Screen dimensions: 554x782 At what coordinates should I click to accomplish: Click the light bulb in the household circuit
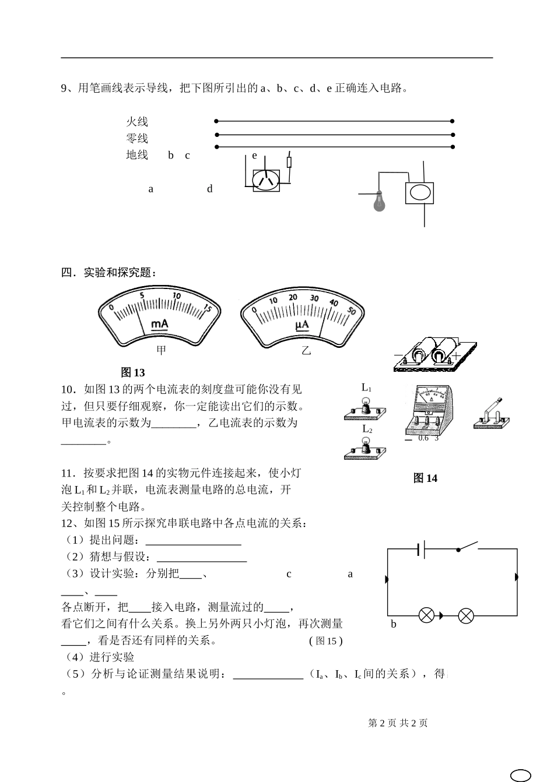coord(380,200)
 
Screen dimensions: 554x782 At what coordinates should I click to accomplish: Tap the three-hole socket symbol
coord(266,180)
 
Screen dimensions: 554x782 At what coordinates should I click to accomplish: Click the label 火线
coord(137,122)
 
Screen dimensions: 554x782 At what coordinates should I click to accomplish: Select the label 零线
coord(137,139)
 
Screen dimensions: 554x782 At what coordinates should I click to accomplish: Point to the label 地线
coord(137,155)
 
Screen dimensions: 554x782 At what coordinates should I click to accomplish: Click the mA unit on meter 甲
coord(160,324)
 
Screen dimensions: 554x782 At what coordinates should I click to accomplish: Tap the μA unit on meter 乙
coord(302,325)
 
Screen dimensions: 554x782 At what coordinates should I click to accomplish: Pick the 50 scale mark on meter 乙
coord(351,311)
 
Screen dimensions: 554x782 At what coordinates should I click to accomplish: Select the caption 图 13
coord(132,372)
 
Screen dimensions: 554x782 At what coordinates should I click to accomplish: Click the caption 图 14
coord(425,478)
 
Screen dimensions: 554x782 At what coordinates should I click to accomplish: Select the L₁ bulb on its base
coord(366,408)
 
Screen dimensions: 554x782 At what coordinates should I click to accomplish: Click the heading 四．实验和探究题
coord(108,273)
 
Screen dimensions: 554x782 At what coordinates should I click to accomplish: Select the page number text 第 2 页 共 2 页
coord(398,723)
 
